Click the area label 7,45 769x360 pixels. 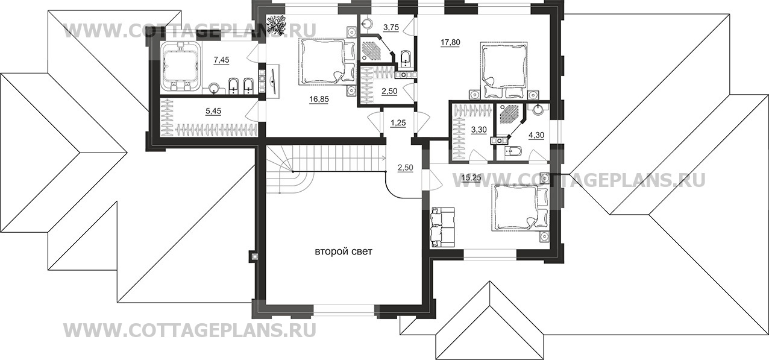221,60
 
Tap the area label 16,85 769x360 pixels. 319,99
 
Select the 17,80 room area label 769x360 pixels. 450,43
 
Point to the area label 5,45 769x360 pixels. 213,111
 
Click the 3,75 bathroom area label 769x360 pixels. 391,28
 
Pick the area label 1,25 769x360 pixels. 398,123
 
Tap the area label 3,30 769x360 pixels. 479,130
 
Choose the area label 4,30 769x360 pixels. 536,135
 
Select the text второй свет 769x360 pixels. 344,252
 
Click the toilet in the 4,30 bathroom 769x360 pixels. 513,151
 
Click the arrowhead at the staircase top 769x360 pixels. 383,159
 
